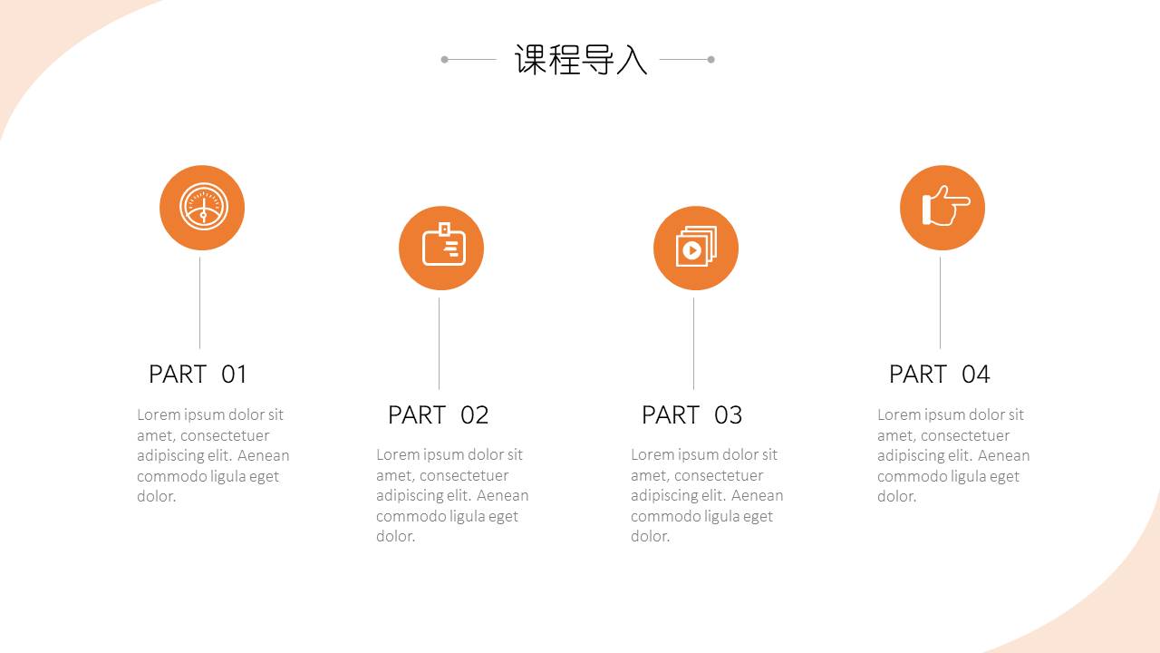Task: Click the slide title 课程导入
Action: (581, 60)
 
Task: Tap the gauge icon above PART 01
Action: (202, 208)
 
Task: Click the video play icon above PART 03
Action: (696, 248)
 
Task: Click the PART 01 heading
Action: (198, 374)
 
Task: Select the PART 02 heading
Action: (438, 414)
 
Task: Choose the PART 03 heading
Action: (691, 414)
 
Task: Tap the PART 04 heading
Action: (939, 374)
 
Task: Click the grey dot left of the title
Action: (444, 60)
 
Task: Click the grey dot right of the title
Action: (711, 60)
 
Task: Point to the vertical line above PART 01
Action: (199, 303)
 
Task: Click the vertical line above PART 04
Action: (940, 303)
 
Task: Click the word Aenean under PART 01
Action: (263, 455)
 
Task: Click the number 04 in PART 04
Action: (975, 374)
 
